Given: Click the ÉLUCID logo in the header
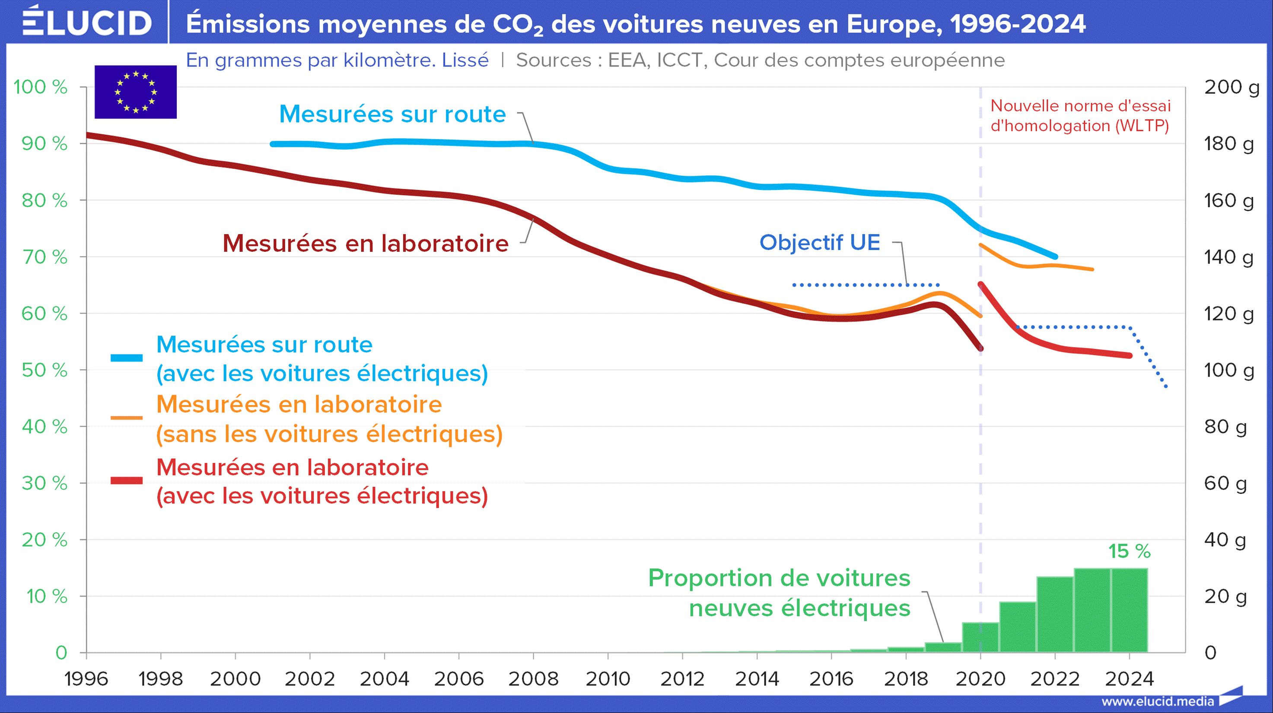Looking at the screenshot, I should pyautogui.click(x=87, y=22).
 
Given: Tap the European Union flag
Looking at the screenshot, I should pyautogui.click(x=135, y=92).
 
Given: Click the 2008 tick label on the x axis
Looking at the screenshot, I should pyautogui.click(x=533, y=679).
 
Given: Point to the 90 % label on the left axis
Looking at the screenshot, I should pyautogui.click(x=45, y=144).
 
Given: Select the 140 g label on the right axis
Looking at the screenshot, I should pyautogui.click(x=1228, y=257).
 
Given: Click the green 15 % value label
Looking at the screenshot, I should pyautogui.click(x=1129, y=551).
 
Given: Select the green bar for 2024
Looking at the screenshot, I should pyautogui.click(x=1129, y=610).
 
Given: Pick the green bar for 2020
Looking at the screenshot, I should pyautogui.click(x=980, y=637).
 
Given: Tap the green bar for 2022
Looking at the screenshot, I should pyautogui.click(x=1055, y=614).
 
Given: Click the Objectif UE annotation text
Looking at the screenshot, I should pyautogui.click(x=819, y=242).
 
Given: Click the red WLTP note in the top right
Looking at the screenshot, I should pyautogui.click(x=1080, y=116).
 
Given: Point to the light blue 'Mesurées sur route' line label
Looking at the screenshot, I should pyautogui.click(x=392, y=114).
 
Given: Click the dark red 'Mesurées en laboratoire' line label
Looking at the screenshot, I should pyautogui.click(x=365, y=244).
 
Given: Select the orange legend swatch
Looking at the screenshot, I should pyautogui.click(x=127, y=418).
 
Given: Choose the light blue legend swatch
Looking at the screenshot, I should pyautogui.click(x=127, y=358).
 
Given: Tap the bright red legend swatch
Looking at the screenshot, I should pyautogui.click(x=127, y=480).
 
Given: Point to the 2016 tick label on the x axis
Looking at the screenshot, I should pyautogui.click(x=831, y=679).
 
